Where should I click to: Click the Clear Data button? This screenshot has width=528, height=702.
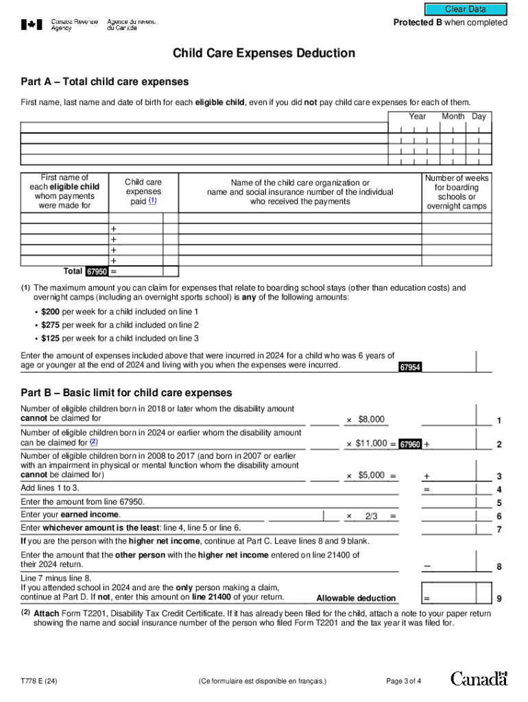[466, 10]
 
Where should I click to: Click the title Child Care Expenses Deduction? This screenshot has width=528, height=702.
[264, 53]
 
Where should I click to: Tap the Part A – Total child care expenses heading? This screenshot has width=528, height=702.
[104, 82]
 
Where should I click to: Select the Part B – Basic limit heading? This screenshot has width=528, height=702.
[126, 393]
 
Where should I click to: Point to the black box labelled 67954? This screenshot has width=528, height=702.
[410, 367]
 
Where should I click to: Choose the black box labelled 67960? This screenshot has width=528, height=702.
[410, 444]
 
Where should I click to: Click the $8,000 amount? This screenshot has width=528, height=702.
[371, 420]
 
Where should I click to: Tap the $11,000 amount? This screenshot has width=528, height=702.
[371, 444]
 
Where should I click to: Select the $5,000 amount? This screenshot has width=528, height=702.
[371, 475]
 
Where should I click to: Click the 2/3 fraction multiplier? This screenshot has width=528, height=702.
[371, 516]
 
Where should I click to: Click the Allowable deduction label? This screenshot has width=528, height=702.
[356, 598]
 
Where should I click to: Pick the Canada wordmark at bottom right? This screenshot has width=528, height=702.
[479, 679]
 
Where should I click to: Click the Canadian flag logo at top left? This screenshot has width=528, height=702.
[32, 25]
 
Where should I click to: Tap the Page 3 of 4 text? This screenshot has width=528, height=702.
[404, 681]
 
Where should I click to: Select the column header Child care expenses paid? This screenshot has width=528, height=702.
[143, 192]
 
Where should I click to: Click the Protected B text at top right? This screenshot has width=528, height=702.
[450, 23]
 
